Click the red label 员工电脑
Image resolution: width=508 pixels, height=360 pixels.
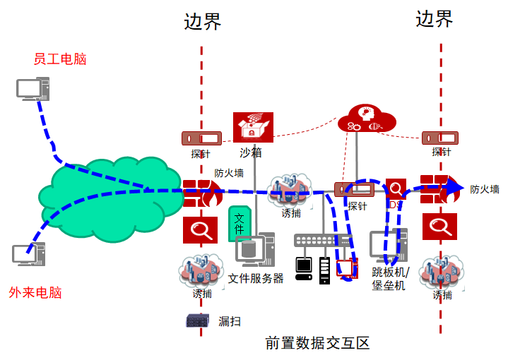tap(60, 59)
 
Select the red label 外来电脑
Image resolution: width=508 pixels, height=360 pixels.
tap(35, 292)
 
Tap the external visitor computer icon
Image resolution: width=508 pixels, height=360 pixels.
tap(29, 254)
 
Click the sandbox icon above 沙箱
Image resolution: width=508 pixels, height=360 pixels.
tap(252, 128)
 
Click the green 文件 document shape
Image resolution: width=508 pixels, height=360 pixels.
tap(239, 223)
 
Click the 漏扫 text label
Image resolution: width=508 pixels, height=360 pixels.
tap(230, 321)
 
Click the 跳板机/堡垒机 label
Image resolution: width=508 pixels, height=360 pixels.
tap(389, 278)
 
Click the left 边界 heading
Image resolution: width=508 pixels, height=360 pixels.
tap(202, 22)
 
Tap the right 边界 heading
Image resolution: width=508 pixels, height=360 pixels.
tap(434, 19)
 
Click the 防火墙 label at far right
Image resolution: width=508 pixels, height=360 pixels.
tap(485, 189)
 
